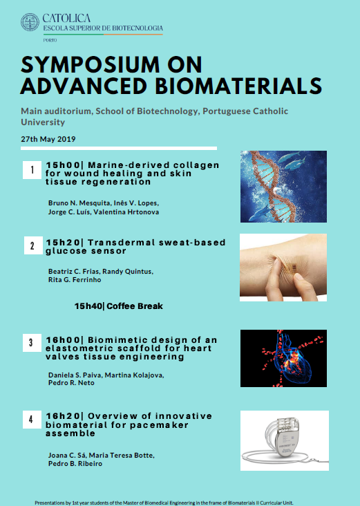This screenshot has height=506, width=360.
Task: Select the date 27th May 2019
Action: click(48, 139)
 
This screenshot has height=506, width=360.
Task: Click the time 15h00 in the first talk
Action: click(63, 165)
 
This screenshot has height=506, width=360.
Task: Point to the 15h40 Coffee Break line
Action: click(119, 306)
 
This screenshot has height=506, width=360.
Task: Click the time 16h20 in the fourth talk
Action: click(63, 415)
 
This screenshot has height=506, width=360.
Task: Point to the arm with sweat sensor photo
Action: click(283, 267)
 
